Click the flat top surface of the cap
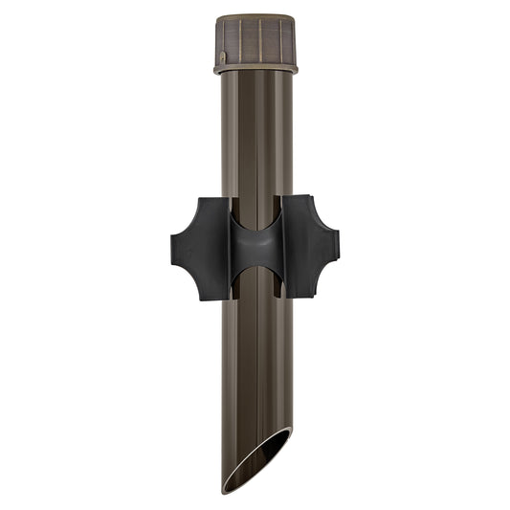click(255, 16)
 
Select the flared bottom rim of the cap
click(255, 68)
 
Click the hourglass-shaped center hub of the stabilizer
click(255, 248)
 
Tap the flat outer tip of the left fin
click(174, 248)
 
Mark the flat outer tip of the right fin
click(336, 248)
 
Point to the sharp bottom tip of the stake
click(227, 490)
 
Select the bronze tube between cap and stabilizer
click(255, 134)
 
